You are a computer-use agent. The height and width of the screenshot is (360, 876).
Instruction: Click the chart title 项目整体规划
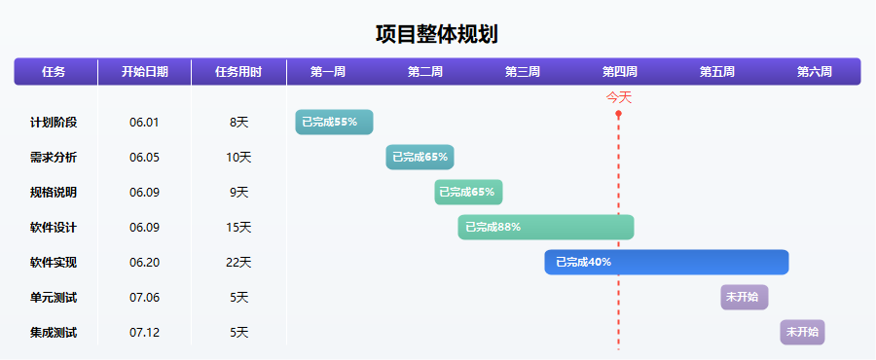pos(437,35)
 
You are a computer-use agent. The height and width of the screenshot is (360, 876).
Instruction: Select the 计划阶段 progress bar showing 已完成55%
pos(334,123)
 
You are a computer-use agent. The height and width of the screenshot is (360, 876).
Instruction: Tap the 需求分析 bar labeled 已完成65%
pos(420,157)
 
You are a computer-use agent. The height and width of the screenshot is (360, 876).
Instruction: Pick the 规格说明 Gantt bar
pos(468,192)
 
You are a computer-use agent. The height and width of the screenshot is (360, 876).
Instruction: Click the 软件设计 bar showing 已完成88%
pos(546,227)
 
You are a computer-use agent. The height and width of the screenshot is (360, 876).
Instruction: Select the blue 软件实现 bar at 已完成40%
pos(666,262)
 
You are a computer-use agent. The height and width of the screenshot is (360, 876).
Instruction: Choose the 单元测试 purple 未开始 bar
pos(745,297)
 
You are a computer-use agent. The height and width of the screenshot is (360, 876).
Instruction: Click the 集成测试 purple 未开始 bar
pos(802,332)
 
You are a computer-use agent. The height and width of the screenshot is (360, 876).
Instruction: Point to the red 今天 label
pos(619,97)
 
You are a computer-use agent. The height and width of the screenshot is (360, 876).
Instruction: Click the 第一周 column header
pos(328,72)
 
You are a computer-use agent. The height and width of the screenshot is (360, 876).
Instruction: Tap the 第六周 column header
pos(815,72)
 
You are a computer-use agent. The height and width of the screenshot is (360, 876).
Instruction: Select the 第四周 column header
pos(620,72)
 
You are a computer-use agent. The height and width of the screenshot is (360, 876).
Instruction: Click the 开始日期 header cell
pos(144,72)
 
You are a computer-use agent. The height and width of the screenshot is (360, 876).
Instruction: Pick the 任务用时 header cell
pos(238,72)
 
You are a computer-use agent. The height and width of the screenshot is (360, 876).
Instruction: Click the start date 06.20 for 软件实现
pos(144,262)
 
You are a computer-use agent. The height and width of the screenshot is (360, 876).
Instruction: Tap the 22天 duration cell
pos(238,262)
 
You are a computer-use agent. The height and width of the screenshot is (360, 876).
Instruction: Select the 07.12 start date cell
pos(144,332)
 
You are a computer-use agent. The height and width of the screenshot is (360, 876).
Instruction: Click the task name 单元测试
pos(54,297)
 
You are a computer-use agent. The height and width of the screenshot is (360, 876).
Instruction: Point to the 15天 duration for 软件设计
pos(238,227)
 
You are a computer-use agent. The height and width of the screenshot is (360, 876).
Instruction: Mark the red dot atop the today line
pos(618,114)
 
